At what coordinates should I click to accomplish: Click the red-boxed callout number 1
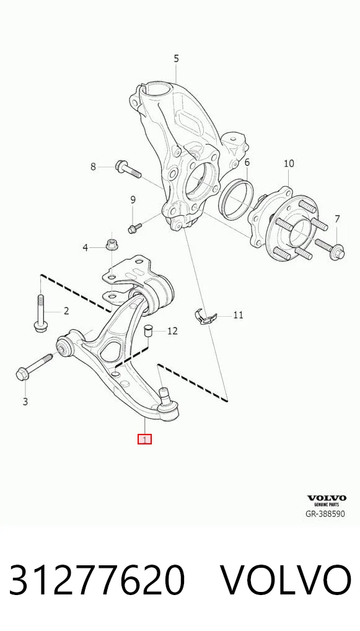tap(144, 439)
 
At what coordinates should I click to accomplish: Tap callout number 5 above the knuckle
tap(176, 58)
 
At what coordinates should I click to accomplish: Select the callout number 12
tap(172, 331)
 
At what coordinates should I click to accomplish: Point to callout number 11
tap(239, 314)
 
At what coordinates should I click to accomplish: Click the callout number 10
tap(289, 164)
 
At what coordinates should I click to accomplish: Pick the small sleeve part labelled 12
tap(149, 330)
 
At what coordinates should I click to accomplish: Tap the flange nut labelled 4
tap(111, 244)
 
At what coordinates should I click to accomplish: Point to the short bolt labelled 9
tap(134, 227)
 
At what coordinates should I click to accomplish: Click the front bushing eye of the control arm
tap(64, 346)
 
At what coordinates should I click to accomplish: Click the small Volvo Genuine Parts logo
tap(327, 500)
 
